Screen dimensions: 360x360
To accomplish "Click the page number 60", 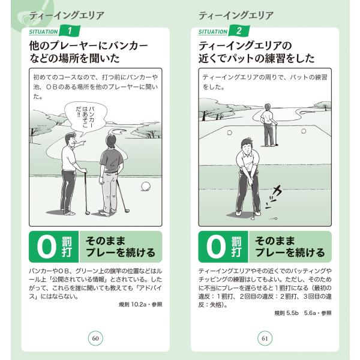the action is tap(95, 338).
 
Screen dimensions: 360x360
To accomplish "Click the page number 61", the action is tap(265, 338).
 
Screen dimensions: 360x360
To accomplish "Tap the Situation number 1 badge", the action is tap(70, 31).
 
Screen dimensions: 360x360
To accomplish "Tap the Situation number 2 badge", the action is tap(239, 31).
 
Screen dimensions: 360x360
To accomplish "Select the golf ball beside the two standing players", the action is tap(146, 187).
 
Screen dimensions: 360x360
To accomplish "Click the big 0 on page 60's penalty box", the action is tap(47, 247).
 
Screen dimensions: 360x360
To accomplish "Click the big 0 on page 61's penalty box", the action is tap(216, 247).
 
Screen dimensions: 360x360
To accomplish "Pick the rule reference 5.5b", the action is tap(292, 313).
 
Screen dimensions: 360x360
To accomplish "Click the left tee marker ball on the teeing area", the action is tap(229, 133).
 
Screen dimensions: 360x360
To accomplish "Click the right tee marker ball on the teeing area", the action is tap(304, 131).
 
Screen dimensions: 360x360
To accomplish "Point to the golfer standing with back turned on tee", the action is tap(268, 125).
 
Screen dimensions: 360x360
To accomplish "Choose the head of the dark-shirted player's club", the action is tap(127, 211).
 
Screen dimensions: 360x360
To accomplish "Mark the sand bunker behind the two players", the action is tap(119, 131).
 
